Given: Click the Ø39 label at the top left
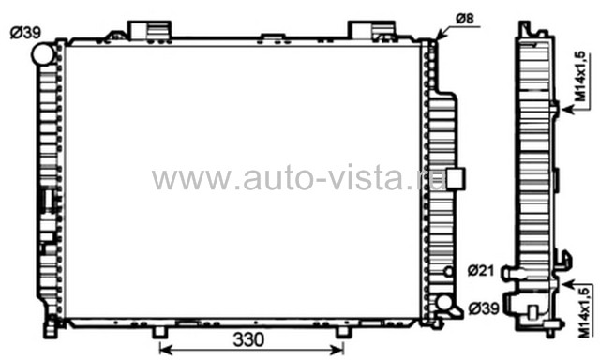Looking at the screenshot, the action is (25, 33).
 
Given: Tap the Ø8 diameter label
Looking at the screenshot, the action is (465, 19).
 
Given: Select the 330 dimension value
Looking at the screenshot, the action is (248, 339).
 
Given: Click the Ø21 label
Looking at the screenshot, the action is (481, 271).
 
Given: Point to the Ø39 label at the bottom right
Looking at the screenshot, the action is (484, 308).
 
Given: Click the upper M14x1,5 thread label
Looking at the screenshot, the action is (581, 77).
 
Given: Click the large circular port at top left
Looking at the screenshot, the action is (42, 54).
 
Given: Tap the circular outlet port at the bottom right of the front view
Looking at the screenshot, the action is (443, 302).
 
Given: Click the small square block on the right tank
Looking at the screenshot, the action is (456, 179).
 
